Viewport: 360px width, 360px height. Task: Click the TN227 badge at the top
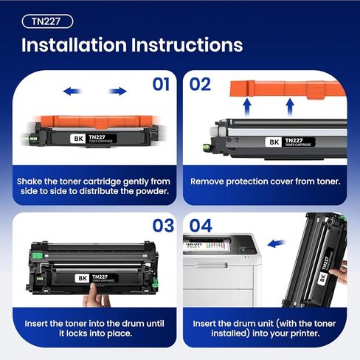tap(46, 21)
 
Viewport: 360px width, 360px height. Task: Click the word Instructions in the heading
tap(194, 45)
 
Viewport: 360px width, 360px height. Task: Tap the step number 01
tap(162, 84)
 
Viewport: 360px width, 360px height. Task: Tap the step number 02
tap(201, 84)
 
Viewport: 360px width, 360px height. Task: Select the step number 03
tap(162, 226)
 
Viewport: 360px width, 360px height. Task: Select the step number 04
tap(201, 226)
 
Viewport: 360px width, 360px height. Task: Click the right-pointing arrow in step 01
tap(117, 91)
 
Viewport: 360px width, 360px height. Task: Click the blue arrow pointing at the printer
tap(276, 243)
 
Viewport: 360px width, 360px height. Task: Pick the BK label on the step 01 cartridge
tap(78, 137)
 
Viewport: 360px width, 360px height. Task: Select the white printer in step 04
tap(221, 273)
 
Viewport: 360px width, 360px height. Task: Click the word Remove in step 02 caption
tap(209, 181)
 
